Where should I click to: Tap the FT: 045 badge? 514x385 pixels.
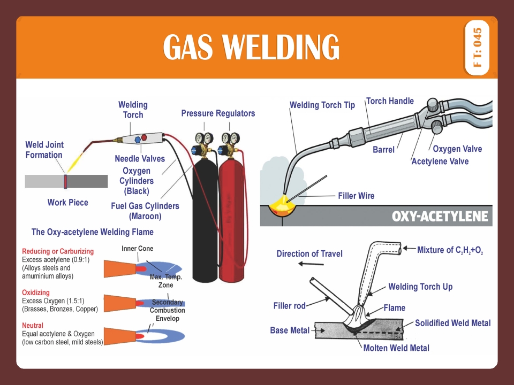coord(478,47)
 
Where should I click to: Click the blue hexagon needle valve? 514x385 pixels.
coord(138,140)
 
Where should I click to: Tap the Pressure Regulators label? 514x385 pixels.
coord(218,113)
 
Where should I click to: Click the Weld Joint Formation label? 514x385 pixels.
coord(44,150)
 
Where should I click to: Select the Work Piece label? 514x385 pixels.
coord(67,203)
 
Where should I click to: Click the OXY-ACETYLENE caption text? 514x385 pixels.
coord(440,217)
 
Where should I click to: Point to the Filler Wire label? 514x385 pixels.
coord(356,196)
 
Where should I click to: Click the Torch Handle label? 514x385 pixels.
coord(390,101)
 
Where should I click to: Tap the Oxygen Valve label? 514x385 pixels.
coord(457,149)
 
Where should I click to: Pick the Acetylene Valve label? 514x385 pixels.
coord(440,161)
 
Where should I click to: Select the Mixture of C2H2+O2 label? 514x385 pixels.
coord(450,250)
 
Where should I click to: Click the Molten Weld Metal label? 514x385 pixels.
coord(396,348)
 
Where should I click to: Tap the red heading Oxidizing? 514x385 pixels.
coord(36,292)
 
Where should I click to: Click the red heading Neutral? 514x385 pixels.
coord(33,325)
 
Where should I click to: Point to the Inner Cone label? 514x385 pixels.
coord(137,249)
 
